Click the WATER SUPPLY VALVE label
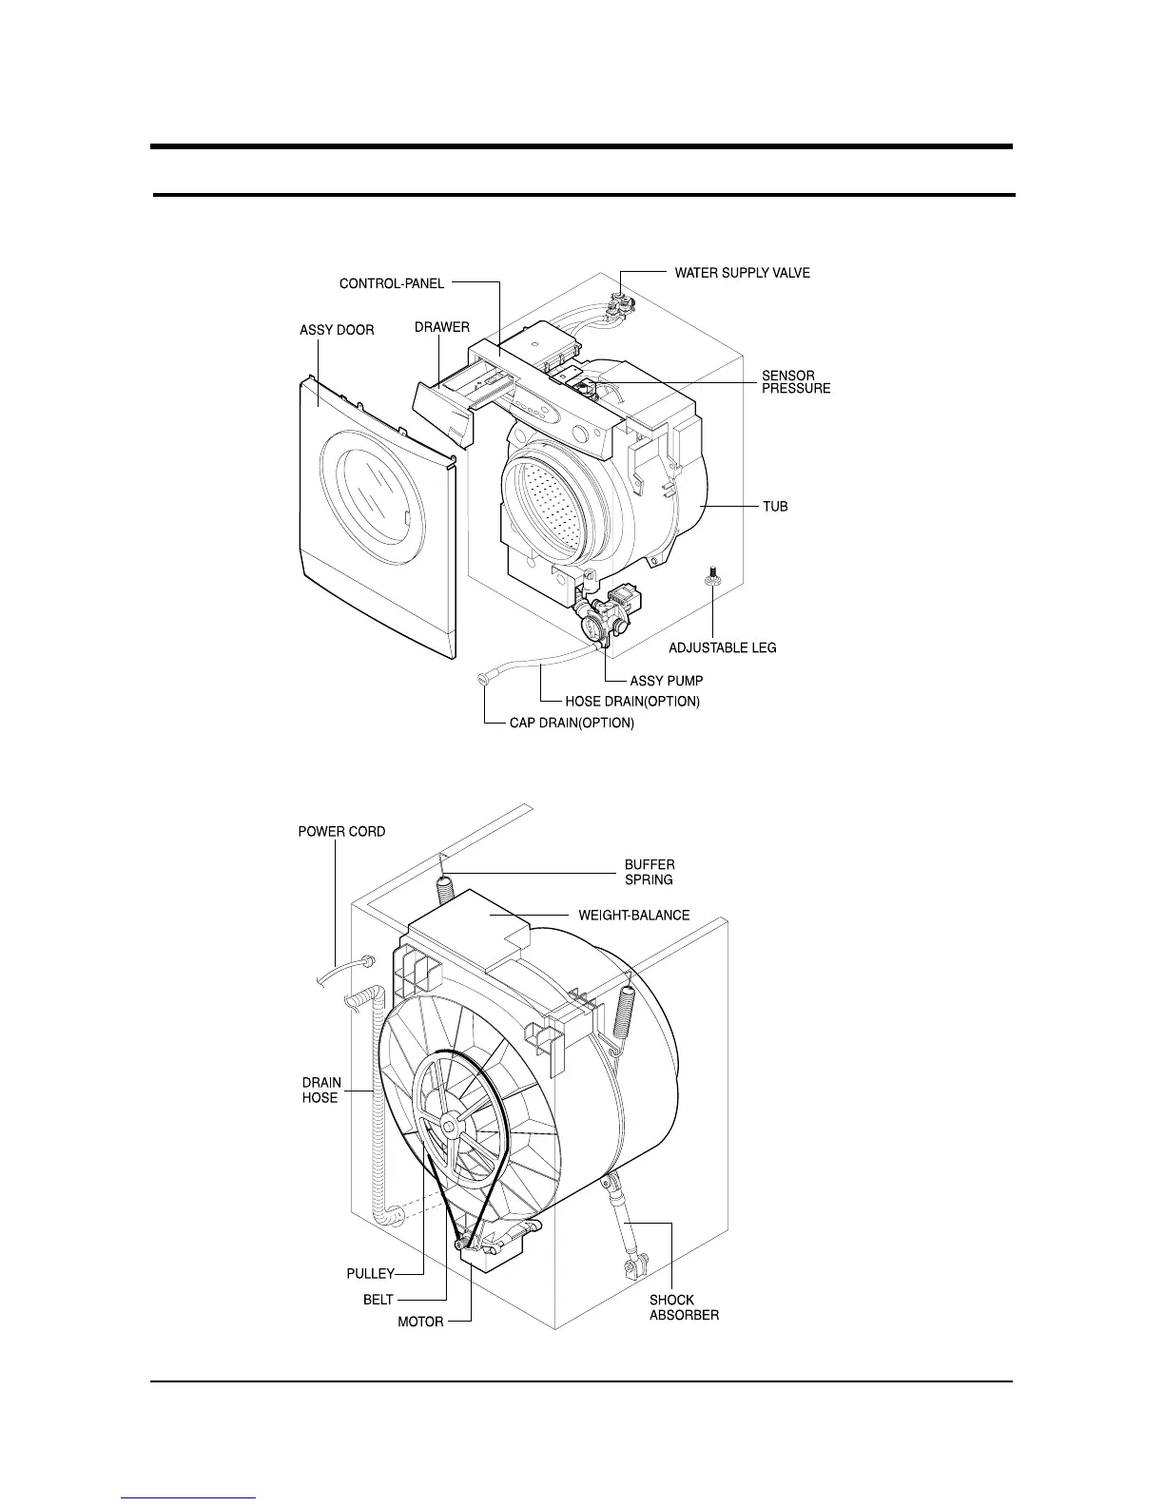click(x=742, y=273)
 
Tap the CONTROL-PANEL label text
click(x=391, y=283)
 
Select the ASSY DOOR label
click(x=337, y=330)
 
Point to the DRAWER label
click(x=441, y=327)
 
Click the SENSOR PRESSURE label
click(x=795, y=382)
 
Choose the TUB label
click(x=774, y=507)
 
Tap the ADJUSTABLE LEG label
click(x=722, y=647)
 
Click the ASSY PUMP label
click(x=667, y=681)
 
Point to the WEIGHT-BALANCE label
click(x=633, y=915)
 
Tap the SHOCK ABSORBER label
click(x=684, y=1307)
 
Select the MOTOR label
click(x=420, y=1322)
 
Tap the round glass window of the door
click(x=371, y=494)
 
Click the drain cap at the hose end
click(x=484, y=679)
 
